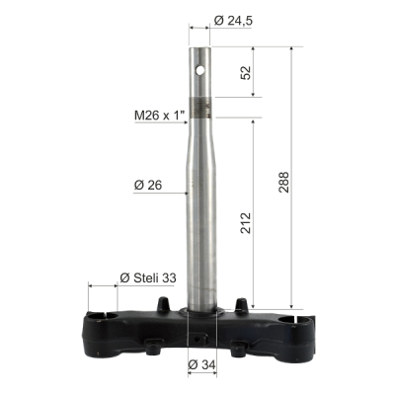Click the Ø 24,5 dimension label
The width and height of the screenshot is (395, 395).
[233, 21]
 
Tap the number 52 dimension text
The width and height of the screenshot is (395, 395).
[246, 73]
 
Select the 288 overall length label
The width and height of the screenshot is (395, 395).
[283, 182]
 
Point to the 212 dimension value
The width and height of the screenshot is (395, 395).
[246, 223]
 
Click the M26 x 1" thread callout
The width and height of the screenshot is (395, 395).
[159, 116]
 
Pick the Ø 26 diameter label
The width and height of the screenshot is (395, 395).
[148, 186]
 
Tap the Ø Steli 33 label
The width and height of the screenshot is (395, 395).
[148, 278]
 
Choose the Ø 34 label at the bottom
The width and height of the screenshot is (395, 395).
[202, 364]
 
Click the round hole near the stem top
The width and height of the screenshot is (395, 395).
[199, 70]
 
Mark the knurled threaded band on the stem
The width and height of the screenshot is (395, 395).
[200, 108]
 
